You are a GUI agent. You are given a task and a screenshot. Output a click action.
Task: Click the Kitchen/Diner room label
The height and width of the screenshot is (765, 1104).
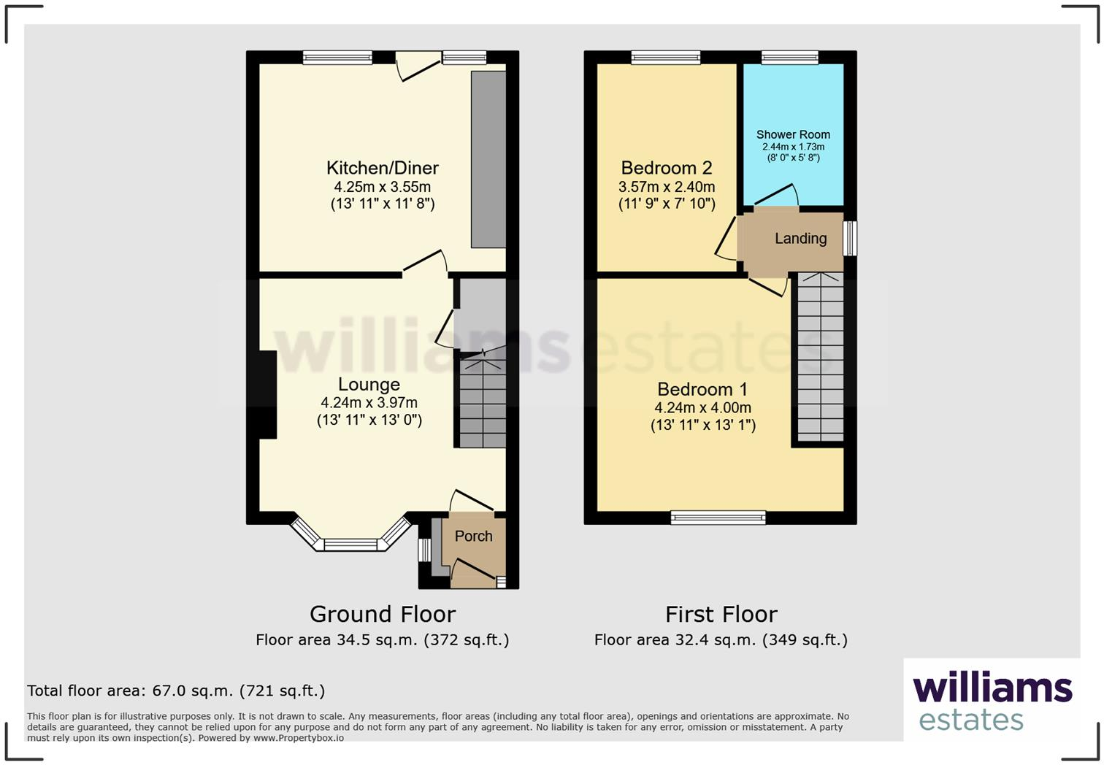(382, 168)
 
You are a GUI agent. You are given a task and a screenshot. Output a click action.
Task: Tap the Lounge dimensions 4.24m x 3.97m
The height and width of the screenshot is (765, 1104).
(369, 403)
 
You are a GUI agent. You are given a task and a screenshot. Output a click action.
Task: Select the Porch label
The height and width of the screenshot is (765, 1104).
(473, 537)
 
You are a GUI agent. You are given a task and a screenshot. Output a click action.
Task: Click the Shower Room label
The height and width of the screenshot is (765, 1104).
(793, 135)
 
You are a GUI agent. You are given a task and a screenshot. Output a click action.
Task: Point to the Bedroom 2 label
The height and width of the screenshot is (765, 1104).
(666, 169)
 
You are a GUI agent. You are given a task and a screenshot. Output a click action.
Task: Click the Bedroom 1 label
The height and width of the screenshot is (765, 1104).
(702, 390)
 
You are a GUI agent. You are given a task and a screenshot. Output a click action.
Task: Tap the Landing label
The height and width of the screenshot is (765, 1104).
(800, 239)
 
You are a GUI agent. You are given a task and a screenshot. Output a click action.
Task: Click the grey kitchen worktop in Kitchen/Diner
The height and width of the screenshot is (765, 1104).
(488, 159)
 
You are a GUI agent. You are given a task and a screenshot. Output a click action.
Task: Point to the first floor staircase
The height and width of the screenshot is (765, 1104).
(820, 358)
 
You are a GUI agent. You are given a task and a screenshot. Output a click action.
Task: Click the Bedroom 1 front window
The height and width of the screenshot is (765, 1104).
(718, 518)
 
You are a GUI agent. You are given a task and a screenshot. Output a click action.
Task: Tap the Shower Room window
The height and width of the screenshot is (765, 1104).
(789, 58)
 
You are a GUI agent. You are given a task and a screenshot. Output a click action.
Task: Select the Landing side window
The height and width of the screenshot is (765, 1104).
(850, 239)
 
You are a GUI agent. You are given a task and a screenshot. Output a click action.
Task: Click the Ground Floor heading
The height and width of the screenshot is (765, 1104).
(382, 614)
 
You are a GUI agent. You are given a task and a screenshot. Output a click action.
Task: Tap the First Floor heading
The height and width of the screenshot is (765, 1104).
(721, 614)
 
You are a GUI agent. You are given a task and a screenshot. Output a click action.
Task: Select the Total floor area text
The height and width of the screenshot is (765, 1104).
(176, 691)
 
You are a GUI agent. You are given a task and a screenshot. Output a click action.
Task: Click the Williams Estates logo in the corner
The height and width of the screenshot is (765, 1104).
(992, 701)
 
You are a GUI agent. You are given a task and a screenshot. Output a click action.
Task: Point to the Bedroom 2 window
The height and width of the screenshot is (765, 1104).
(665, 58)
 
